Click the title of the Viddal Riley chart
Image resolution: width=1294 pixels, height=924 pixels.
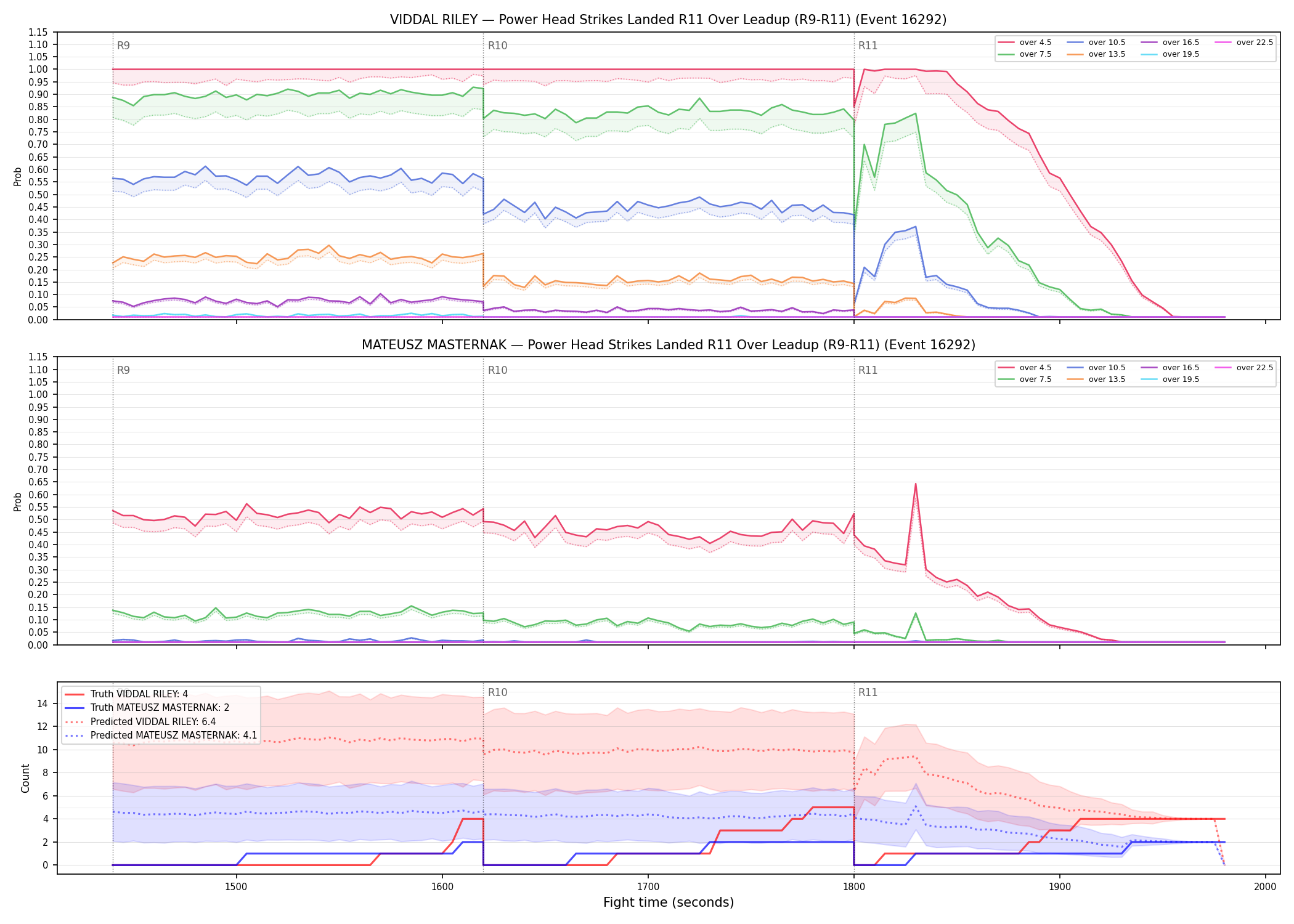pyautogui.click(x=668, y=20)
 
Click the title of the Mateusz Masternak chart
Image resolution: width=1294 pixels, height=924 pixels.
pyautogui.click(x=668, y=345)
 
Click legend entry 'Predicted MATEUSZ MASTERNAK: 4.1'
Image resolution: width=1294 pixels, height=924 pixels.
pyautogui.click(x=161, y=736)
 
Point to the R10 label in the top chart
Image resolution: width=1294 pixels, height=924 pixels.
pyautogui.click(x=497, y=46)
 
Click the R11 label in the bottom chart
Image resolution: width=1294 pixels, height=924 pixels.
pyautogui.click(x=868, y=692)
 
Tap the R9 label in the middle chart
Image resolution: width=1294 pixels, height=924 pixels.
pyautogui.click(x=123, y=370)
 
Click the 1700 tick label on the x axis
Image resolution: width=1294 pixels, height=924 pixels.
pyautogui.click(x=648, y=886)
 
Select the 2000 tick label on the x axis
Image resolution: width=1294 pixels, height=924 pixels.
pyautogui.click(x=1265, y=886)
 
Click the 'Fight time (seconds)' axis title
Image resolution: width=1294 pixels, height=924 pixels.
pyautogui.click(x=669, y=902)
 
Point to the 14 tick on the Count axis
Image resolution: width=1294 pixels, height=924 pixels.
pyautogui.click(x=43, y=703)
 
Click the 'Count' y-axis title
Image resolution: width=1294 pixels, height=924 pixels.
pyautogui.click(x=25, y=778)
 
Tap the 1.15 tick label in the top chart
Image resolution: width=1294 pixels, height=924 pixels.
pyautogui.click(x=38, y=32)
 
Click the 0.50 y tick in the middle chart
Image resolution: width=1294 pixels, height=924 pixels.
pyautogui.click(x=38, y=519)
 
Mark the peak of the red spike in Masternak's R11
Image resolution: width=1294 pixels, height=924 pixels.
pyautogui.click(x=916, y=484)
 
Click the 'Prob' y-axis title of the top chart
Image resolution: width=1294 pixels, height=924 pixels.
pyautogui.click(x=18, y=176)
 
